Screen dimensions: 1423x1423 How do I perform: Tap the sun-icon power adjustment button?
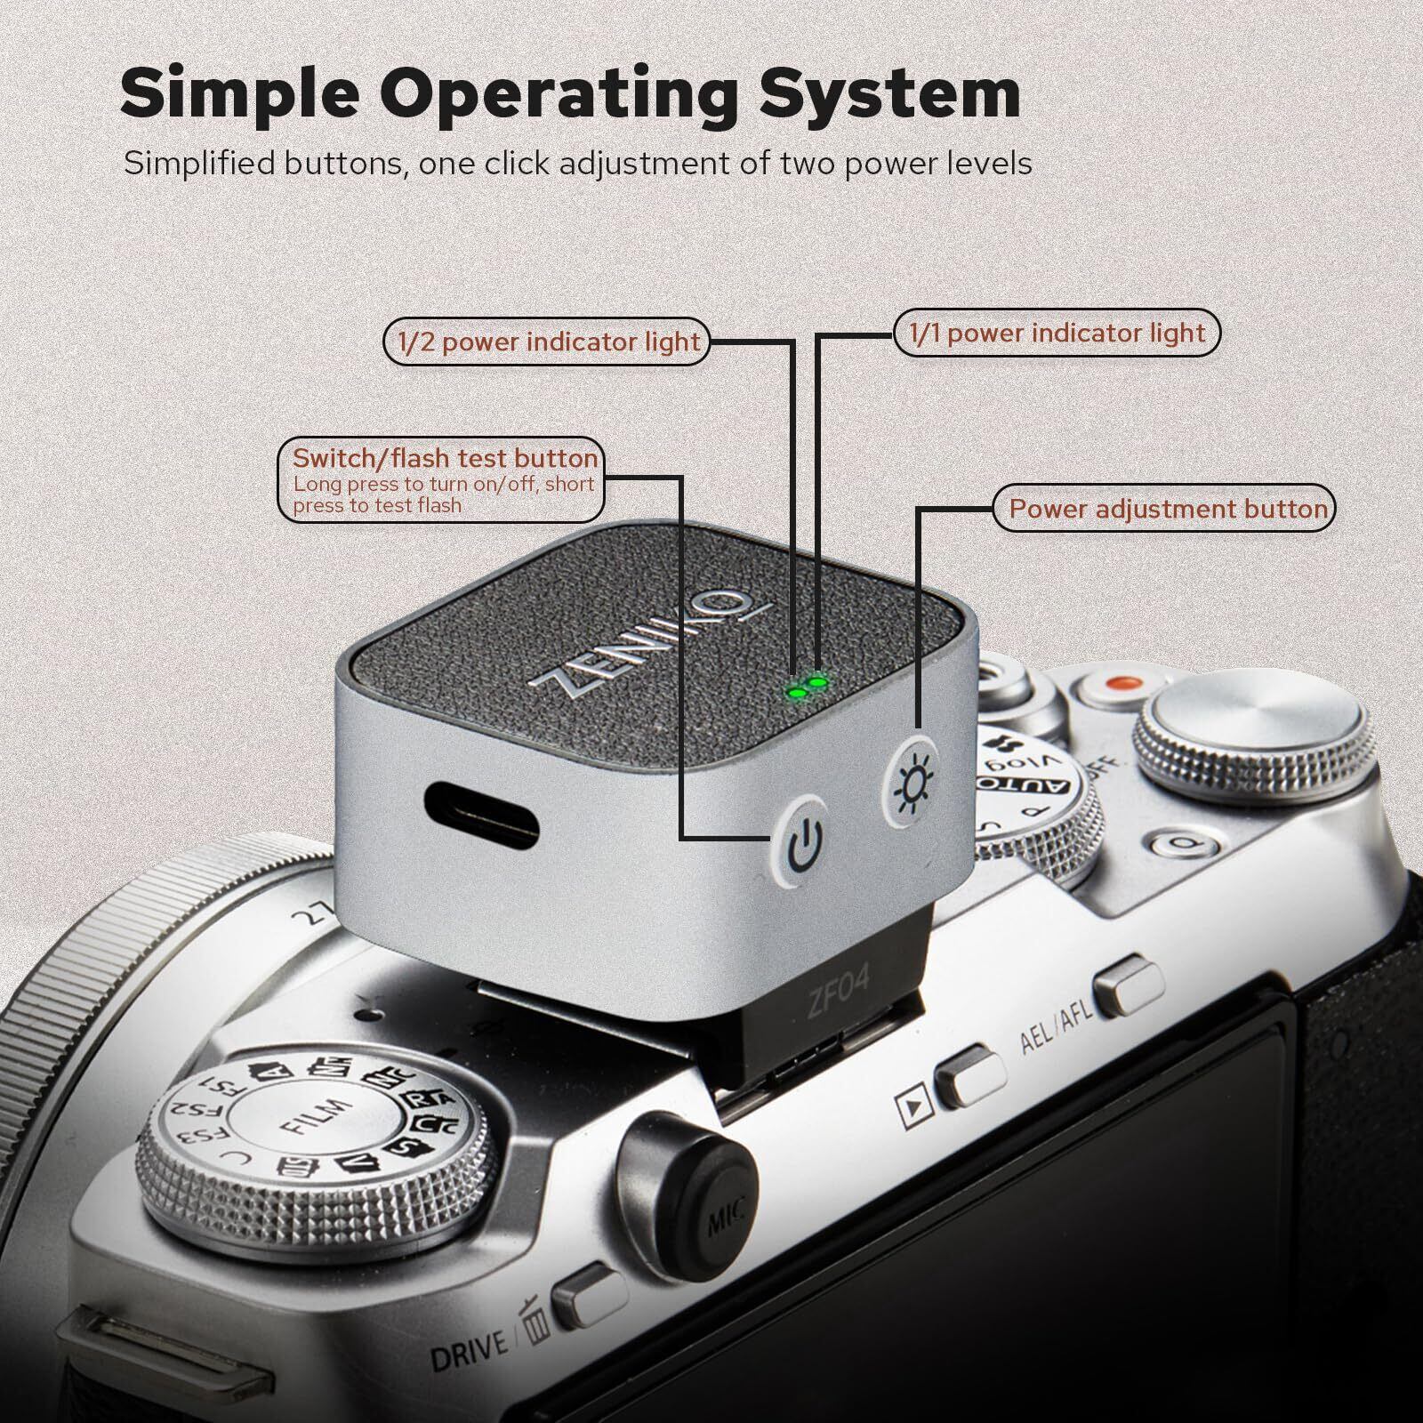[x=912, y=783]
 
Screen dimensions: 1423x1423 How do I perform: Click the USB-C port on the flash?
[x=481, y=814]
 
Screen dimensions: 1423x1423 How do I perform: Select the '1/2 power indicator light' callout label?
[x=548, y=342]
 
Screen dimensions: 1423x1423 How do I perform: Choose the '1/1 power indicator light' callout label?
[x=1057, y=334]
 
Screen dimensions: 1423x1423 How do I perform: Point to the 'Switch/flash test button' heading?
[x=445, y=458]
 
